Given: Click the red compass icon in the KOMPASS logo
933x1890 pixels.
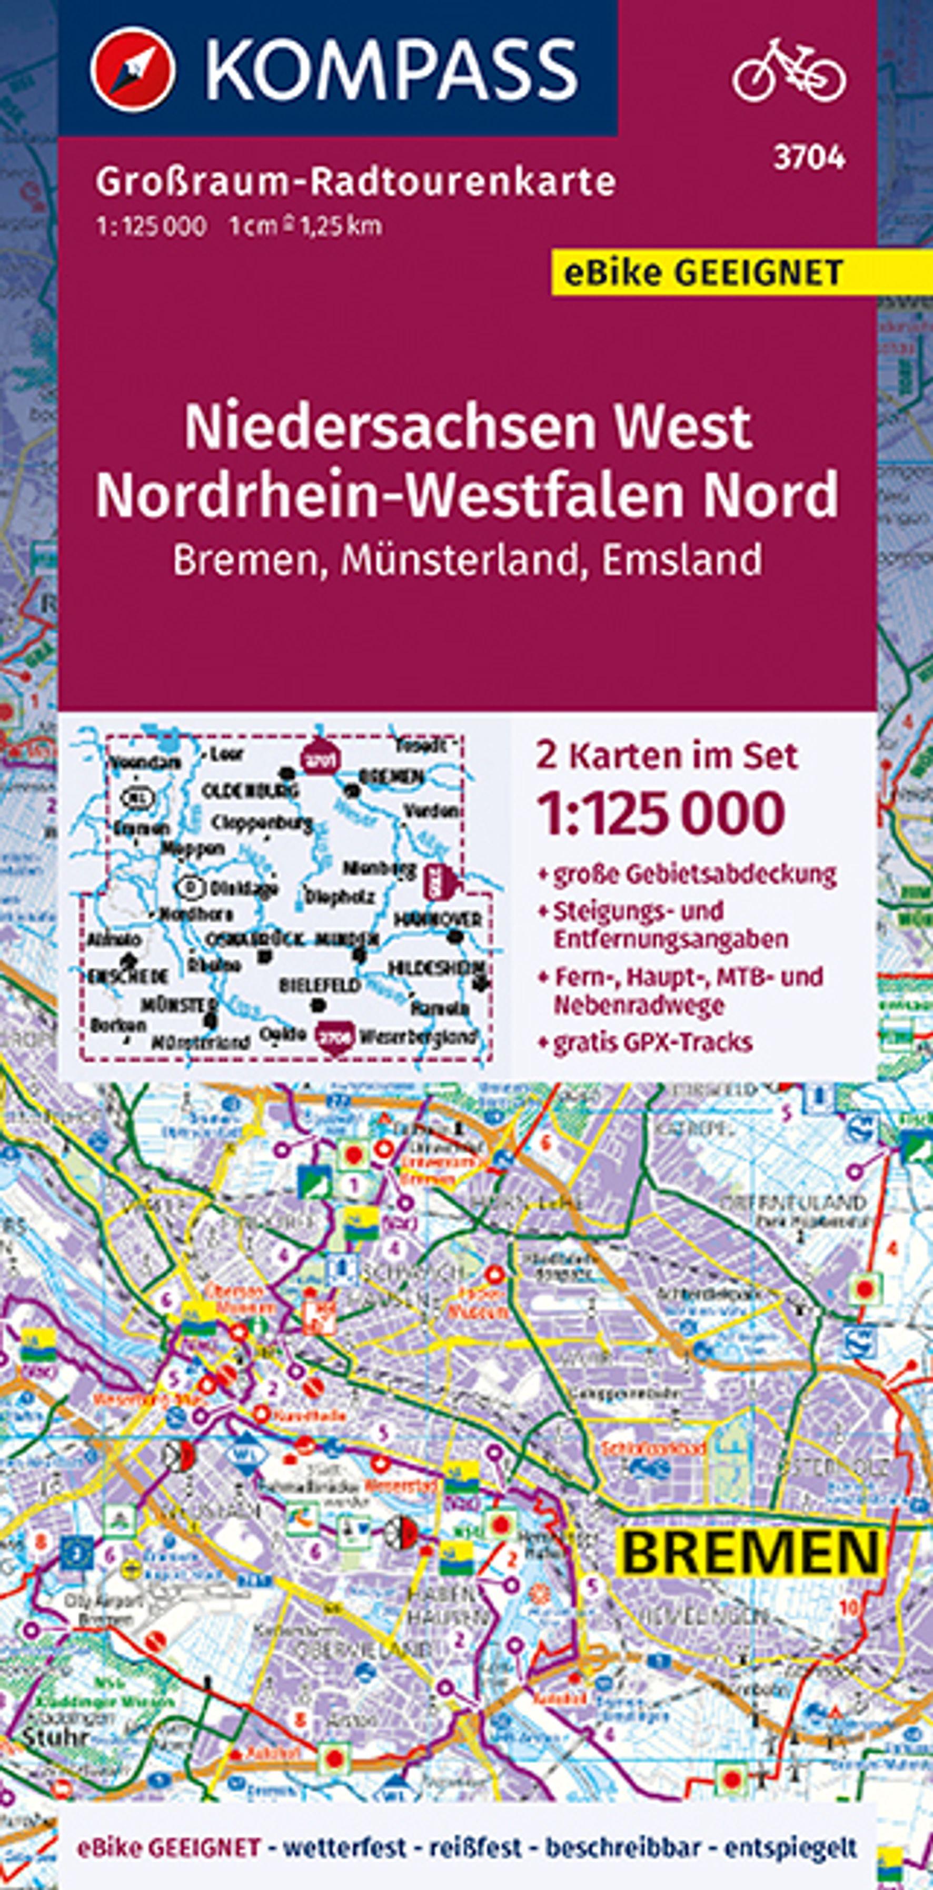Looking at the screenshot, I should [x=133, y=69].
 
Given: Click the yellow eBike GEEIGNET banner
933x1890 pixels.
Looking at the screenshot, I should [x=703, y=273].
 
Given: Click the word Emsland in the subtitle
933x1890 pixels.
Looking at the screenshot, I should [x=681, y=560].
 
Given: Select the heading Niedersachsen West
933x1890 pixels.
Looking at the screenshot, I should [x=468, y=428].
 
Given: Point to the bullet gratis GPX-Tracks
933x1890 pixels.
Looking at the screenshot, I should [x=652, y=1042].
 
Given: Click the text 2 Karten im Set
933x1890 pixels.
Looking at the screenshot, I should [x=666, y=756].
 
